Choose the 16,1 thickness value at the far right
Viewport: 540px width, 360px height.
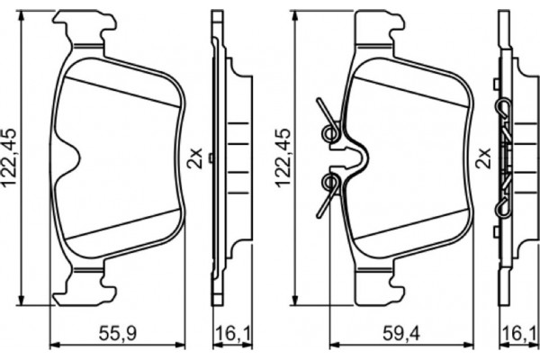point(519,333)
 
